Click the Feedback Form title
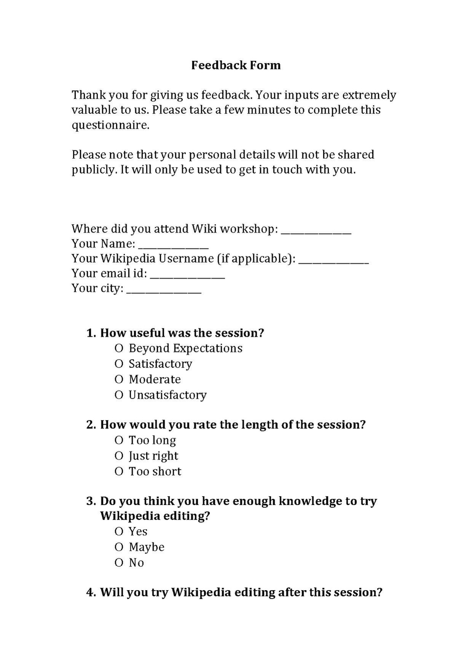click(236, 65)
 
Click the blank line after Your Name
click(173, 247)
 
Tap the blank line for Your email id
click(187, 277)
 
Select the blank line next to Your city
click(164, 291)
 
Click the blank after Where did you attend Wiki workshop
click(316, 232)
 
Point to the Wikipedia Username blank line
click(334, 262)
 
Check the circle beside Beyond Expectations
click(119, 348)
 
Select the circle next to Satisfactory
click(119, 364)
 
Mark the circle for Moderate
click(119, 379)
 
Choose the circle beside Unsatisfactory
click(119, 395)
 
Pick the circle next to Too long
click(119, 440)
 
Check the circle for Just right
click(119, 456)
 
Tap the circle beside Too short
click(119, 471)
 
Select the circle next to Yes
click(119, 531)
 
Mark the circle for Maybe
click(119, 547)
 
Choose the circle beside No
click(119, 563)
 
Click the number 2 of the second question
click(91, 425)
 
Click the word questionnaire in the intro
click(110, 125)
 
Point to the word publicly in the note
click(94, 170)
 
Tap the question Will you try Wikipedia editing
click(241, 592)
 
